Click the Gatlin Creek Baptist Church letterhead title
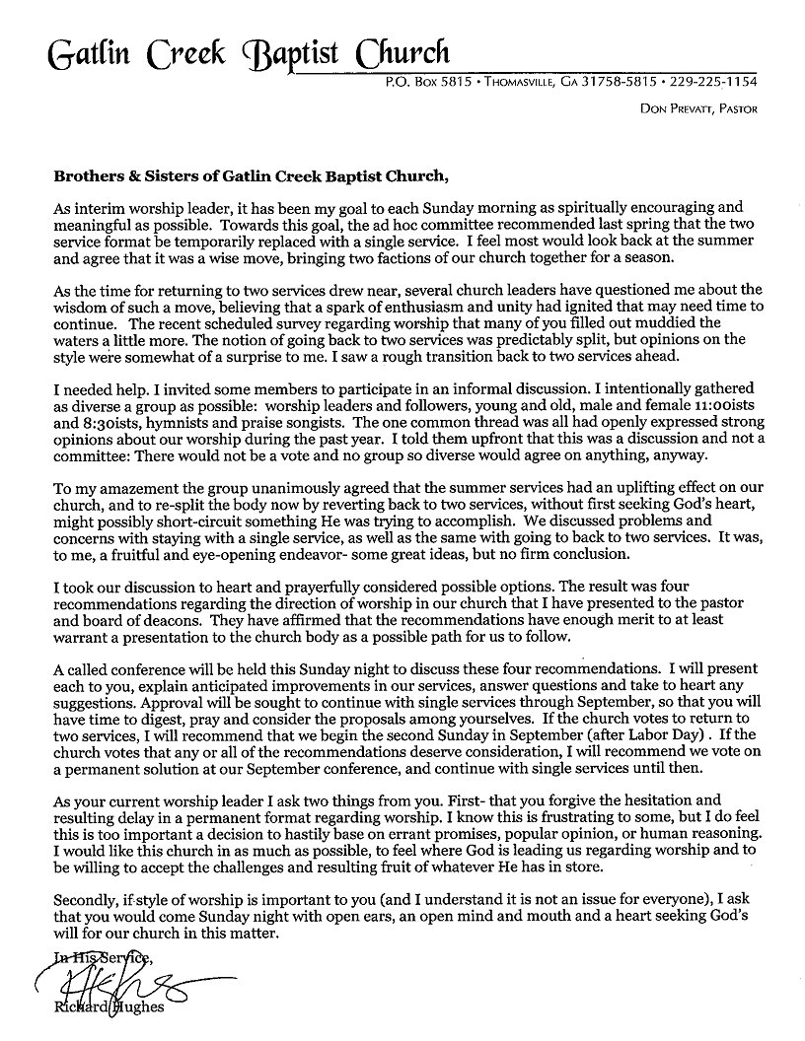point(246,51)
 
